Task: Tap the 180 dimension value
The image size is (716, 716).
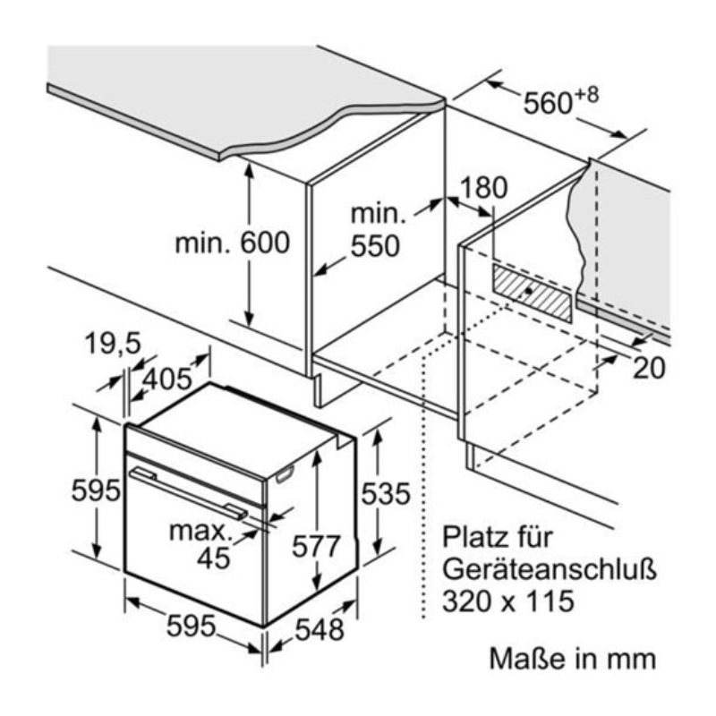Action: click(x=483, y=187)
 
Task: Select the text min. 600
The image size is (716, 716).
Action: click(x=231, y=243)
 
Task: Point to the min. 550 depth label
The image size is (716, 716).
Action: click(x=376, y=231)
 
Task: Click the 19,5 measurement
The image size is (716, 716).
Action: click(x=113, y=343)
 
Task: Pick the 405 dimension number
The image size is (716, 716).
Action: click(x=167, y=379)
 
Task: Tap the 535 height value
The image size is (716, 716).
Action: click(x=386, y=493)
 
